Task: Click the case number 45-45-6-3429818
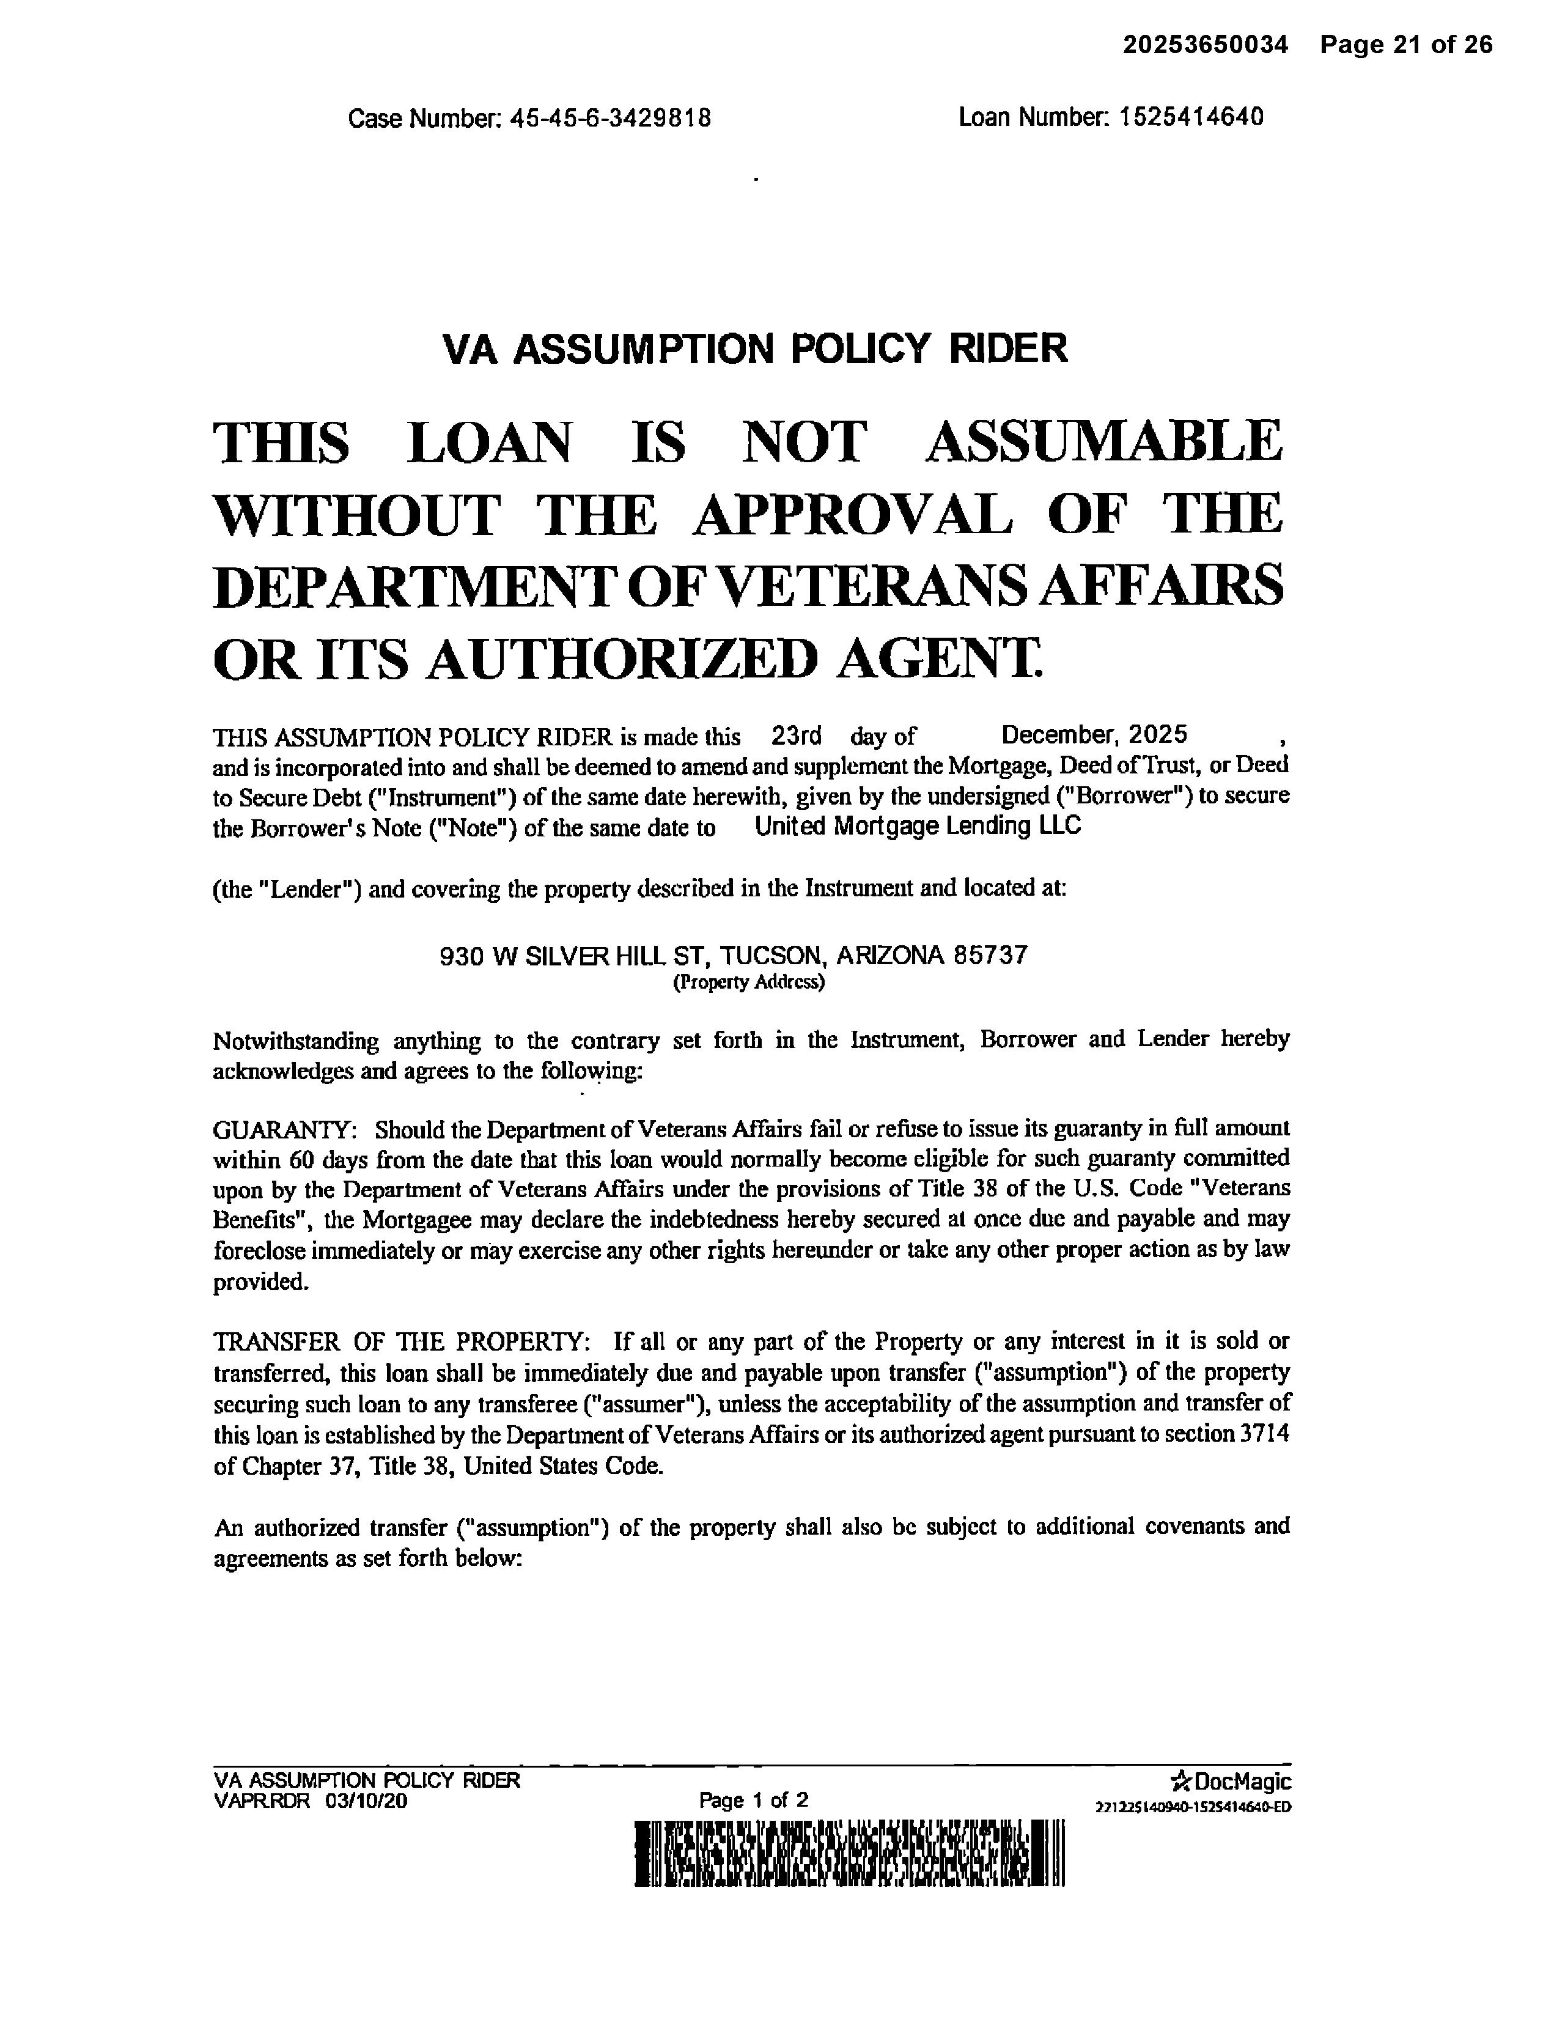(x=610, y=119)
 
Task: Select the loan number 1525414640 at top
(x=1190, y=118)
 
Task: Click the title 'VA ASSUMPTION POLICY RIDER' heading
(x=755, y=349)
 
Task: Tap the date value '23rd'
(x=795, y=736)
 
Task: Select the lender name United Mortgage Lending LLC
(x=917, y=825)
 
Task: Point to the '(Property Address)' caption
(x=747, y=983)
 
